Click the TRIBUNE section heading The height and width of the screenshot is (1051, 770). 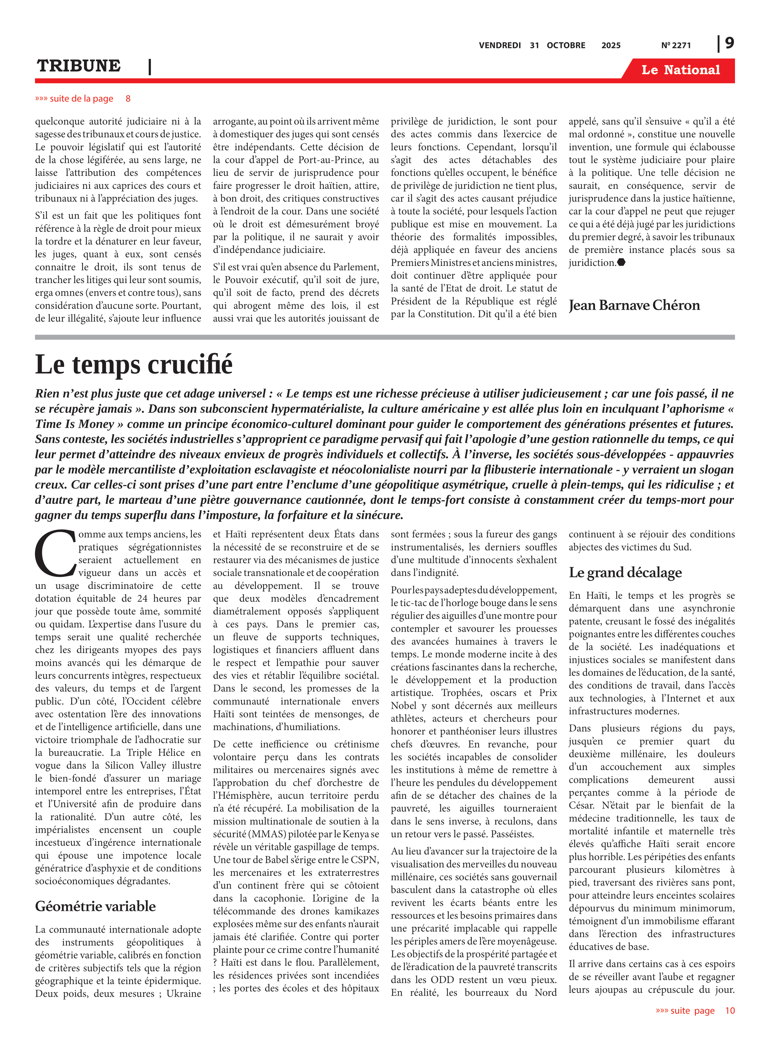[79, 66]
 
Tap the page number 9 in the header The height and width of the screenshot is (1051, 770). [729, 43]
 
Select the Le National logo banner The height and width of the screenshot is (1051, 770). [680, 70]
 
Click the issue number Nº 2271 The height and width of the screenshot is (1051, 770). [676, 46]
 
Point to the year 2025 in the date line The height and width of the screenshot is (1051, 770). [611, 46]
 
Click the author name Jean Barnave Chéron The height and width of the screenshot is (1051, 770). [634, 305]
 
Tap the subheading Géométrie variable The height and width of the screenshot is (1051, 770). [95, 906]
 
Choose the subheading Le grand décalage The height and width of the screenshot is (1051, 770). [625, 572]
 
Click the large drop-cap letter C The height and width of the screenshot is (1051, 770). [55, 554]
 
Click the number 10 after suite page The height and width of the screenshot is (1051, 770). [729, 1010]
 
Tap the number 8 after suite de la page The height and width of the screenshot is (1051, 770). [128, 98]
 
